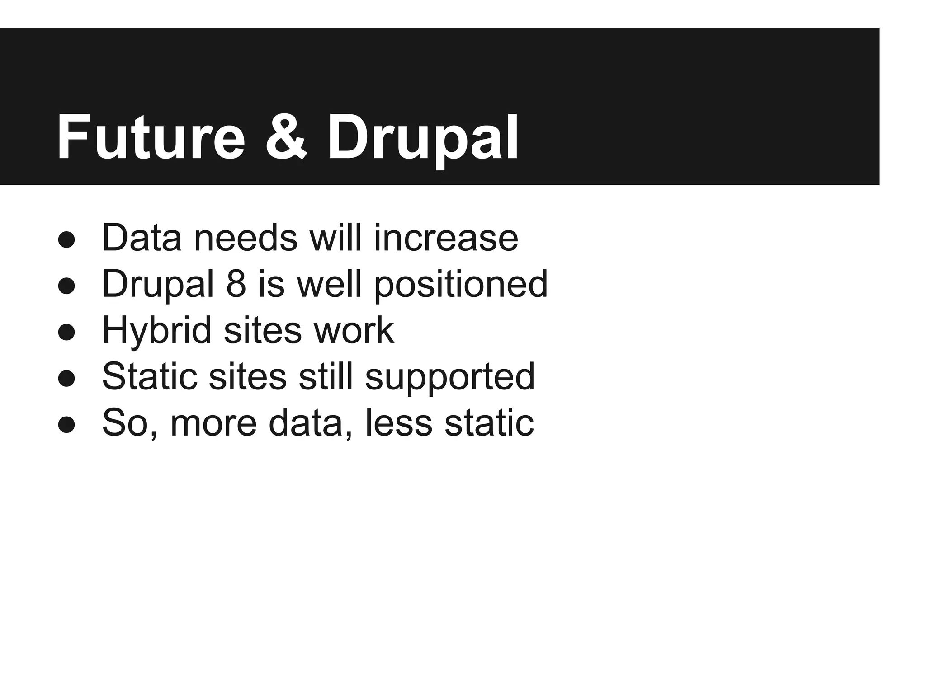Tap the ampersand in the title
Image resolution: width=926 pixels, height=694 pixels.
click(286, 137)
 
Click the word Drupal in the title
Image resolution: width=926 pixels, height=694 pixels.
click(422, 137)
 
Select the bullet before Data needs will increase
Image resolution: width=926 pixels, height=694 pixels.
click(66, 239)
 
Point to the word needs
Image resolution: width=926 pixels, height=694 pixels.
click(246, 238)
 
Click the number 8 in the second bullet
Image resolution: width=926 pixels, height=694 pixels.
click(236, 284)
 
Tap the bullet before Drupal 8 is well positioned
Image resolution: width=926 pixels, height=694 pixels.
click(66, 286)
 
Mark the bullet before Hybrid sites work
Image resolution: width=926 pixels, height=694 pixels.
click(66, 332)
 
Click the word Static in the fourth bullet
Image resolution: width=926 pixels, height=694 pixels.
click(150, 376)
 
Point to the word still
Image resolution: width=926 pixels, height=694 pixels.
click(326, 376)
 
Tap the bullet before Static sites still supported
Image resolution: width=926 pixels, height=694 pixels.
click(66, 378)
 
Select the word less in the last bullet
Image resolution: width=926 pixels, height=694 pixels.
click(398, 423)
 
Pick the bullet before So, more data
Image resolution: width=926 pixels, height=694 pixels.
click(66, 425)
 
